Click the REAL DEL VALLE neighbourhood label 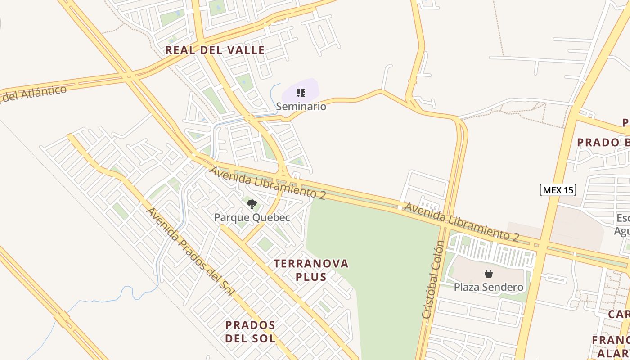pyautogui.click(x=215, y=50)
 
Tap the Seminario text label pyautogui.click(x=301, y=107)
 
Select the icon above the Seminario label pyautogui.click(x=301, y=93)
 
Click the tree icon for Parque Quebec pyautogui.click(x=252, y=205)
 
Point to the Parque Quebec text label pyautogui.click(x=252, y=218)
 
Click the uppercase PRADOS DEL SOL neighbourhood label pyautogui.click(x=250, y=331)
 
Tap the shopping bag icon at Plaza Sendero pyautogui.click(x=488, y=273)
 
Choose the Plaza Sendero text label pyautogui.click(x=488, y=287)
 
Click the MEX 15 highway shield pyautogui.click(x=558, y=190)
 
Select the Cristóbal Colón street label pyautogui.click(x=433, y=279)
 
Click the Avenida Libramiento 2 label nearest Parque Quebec pyautogui.click(x=267, y=183)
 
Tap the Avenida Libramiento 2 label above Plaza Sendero pyautogui.click(x=462, y=221)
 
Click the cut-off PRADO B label pyautogui.click(x=603, y=143)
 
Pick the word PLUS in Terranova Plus pyautogui.click(x=311, y=277)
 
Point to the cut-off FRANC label pyautogui.click(x=610, y=340)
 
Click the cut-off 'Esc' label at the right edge pyautogui.click(x=623, y=218)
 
